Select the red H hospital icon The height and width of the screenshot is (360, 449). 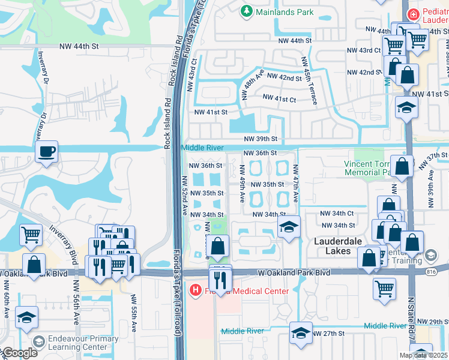195,291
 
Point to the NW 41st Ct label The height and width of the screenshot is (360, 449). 279,98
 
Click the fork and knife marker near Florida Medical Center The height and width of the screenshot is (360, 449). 220,280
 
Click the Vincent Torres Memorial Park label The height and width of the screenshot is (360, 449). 368,168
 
